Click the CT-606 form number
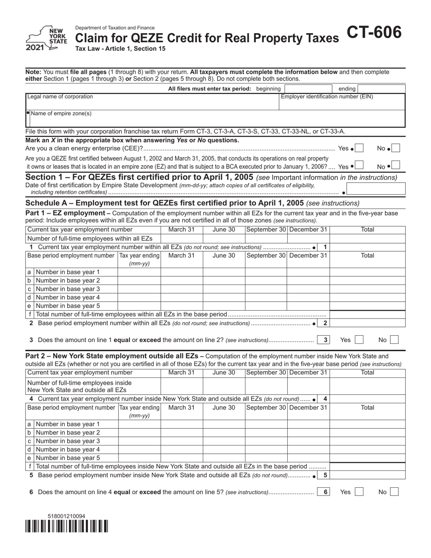[x=374, y=33]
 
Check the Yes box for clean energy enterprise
[x=359, y=148]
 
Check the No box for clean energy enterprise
[x=396, y=148]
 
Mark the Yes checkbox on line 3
[x=359, y=339]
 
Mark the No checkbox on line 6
[x=394, y=492]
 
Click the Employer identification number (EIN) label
[x=327, y=97]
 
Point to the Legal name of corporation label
[x=60, y=97]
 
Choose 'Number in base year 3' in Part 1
[x=68, y=289]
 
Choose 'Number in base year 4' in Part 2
[x=68, y=450]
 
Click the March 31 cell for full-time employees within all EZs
[x=181, y=239]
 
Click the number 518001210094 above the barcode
[x=66, y=516]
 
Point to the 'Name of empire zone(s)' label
[x=61, y=114]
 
